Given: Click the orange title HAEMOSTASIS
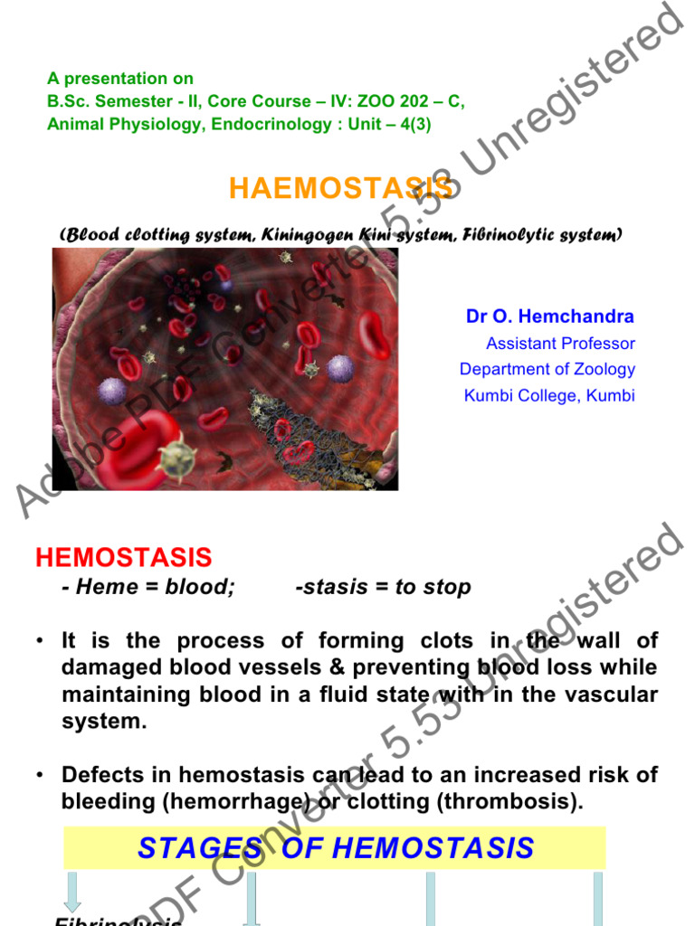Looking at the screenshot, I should [339, 188].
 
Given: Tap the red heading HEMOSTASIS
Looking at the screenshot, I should [123, 557].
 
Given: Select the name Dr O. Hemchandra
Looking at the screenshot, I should [549, 317].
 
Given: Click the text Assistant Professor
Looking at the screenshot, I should [560, 344].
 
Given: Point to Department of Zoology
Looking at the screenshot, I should [547, 369].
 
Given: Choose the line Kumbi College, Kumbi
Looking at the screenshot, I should [549, 395].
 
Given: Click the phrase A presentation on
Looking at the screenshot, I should [119, 79].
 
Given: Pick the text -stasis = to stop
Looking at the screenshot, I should [383, 587].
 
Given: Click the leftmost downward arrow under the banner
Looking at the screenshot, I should [72, 893].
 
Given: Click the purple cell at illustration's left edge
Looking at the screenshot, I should [111, 391].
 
